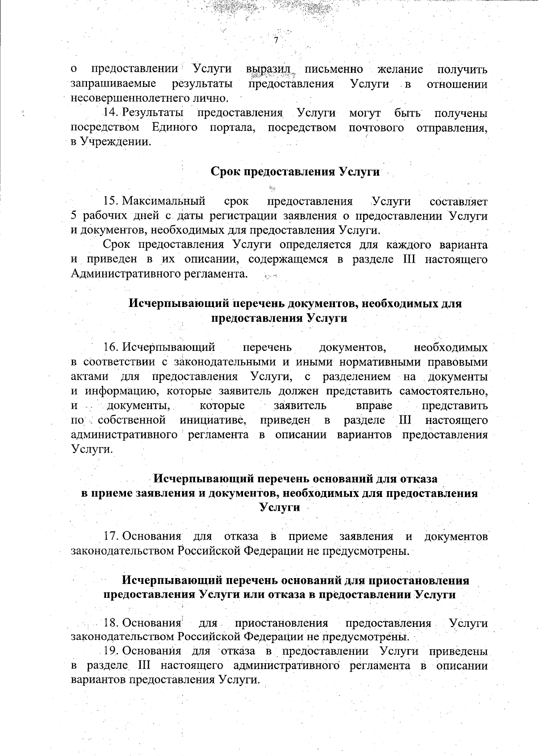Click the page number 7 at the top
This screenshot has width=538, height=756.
coord(276,40)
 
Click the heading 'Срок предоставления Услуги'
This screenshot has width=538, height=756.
coord(295,172)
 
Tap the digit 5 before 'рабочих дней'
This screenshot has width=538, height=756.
coord(74,216)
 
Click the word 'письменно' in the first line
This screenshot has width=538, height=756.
coord(334,69)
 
